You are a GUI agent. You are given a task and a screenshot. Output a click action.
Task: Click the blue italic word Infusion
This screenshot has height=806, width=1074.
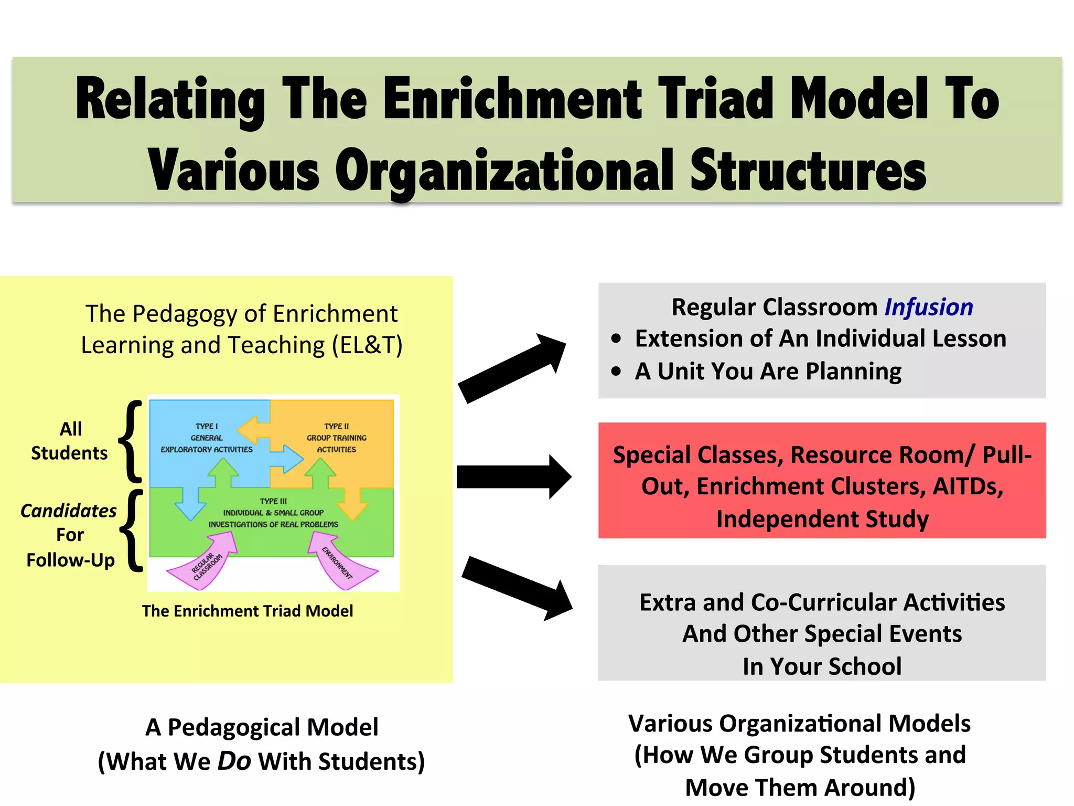928,307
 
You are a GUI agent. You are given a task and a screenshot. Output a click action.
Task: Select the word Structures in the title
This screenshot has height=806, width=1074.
808,171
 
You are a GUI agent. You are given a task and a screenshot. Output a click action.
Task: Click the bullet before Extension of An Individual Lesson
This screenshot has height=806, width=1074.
616,339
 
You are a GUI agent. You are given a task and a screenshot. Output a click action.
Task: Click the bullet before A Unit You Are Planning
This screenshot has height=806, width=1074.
616,372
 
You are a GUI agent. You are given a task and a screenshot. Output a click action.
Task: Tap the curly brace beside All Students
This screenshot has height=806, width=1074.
131,441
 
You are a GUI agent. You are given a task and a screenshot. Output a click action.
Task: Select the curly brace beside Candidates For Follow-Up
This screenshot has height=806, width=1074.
133,531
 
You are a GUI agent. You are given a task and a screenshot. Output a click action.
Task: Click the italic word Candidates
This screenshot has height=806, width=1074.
68,511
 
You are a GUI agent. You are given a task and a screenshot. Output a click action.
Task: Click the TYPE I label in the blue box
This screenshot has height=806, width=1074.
207,426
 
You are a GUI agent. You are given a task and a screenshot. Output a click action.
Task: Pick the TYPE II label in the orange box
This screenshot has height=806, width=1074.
336,426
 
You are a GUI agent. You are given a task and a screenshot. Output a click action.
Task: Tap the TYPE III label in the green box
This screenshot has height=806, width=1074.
273,501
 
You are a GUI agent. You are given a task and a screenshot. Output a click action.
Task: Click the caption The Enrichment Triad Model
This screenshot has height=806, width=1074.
248,611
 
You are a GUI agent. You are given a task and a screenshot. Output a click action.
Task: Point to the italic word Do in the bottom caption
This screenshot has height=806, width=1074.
234,761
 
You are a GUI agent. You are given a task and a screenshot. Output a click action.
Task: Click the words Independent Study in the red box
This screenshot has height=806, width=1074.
822,519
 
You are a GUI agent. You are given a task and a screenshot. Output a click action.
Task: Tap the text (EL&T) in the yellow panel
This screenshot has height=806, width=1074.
367,345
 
